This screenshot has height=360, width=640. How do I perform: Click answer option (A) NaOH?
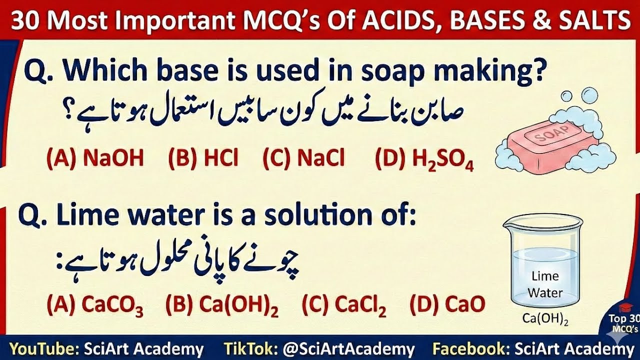pos(95,158)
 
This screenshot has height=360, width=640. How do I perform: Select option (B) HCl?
pos(203,158)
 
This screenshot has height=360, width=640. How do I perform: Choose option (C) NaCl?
pos(304,158)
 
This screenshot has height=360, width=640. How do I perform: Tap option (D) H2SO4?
pos(424,159)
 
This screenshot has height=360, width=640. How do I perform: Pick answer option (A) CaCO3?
pos(95,304)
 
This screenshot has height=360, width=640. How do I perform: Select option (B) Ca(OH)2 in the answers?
pos(222,304)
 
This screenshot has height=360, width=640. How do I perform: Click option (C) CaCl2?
pos(344,304)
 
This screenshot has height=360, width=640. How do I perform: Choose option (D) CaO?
pos(447,303)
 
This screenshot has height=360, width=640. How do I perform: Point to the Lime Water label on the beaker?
pos(545,284)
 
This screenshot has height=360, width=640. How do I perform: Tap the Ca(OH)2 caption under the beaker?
pos(545,318)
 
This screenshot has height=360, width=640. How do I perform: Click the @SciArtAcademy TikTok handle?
pos(349,349)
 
